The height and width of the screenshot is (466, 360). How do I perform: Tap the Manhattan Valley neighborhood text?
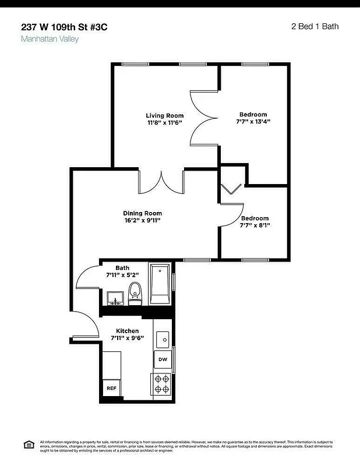pos(50,39)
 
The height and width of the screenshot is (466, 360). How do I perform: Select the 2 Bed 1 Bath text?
pos(315,26)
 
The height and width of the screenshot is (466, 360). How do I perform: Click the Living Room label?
pos(164,115)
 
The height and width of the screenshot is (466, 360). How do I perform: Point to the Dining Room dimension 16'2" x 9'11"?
pos(142,221)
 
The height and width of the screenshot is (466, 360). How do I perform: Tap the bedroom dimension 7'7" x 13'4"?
pos(253,122)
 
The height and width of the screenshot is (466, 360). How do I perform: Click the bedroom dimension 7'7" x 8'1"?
pos(255,225)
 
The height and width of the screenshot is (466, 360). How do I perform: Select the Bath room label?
pos(122,267)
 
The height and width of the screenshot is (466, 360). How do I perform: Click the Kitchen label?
pos(127,330)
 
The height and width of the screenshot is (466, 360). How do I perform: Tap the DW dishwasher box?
pos(163,359)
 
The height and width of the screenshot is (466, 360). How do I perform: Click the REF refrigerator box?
pos(110,388)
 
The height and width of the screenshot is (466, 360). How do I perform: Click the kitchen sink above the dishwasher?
pos(164,338)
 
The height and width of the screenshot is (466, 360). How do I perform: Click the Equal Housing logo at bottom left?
pos(27,444)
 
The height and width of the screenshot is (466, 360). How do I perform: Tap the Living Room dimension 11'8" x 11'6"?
pos(164,123)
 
